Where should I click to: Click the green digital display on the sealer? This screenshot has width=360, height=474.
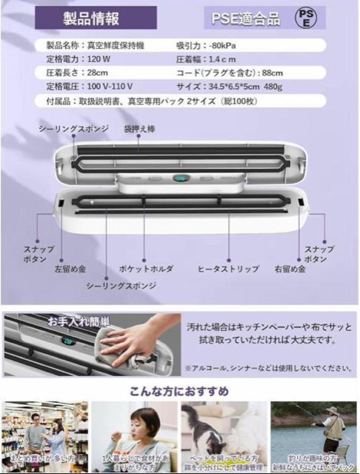181,178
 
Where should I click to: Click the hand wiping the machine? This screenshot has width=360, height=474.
133,341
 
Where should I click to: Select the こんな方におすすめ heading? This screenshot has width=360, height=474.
180,391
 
